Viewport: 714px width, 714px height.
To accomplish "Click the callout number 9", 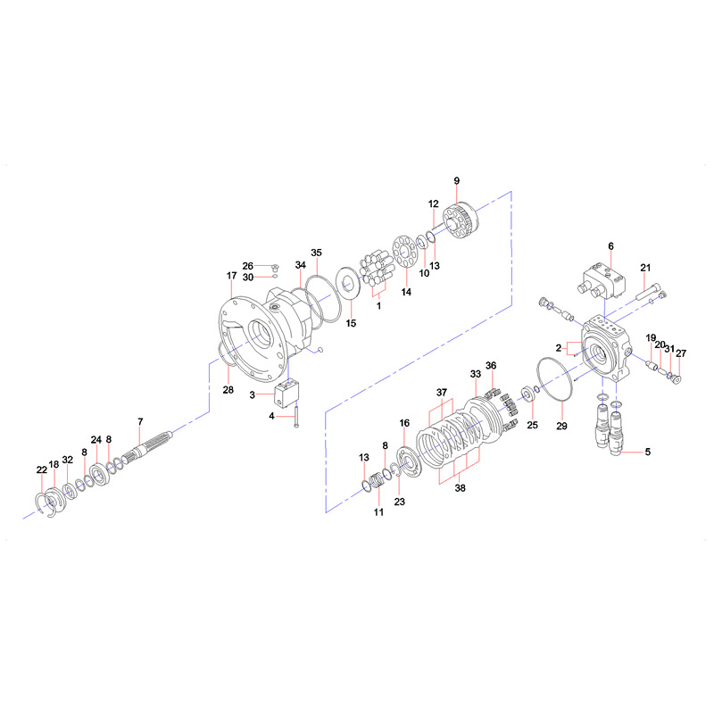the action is point(457,181).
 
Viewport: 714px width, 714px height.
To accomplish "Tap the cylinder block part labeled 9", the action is point(461,220).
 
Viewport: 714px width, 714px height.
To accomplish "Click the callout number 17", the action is point(232,276).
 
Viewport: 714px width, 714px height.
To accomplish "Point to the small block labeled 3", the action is point(286,392).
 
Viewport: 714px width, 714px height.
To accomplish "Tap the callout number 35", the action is point(316,253).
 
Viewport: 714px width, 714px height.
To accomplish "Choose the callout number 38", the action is point(461,487).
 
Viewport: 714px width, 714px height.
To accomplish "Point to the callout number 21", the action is point(645,268).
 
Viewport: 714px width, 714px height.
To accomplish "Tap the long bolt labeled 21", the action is point(648,292).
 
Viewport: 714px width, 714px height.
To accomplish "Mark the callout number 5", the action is point(648,452).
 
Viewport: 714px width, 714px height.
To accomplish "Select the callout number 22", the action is point(41,469).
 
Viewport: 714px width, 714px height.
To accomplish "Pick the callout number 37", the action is point(442,392).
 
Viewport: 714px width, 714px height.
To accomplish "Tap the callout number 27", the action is point(681,353).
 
